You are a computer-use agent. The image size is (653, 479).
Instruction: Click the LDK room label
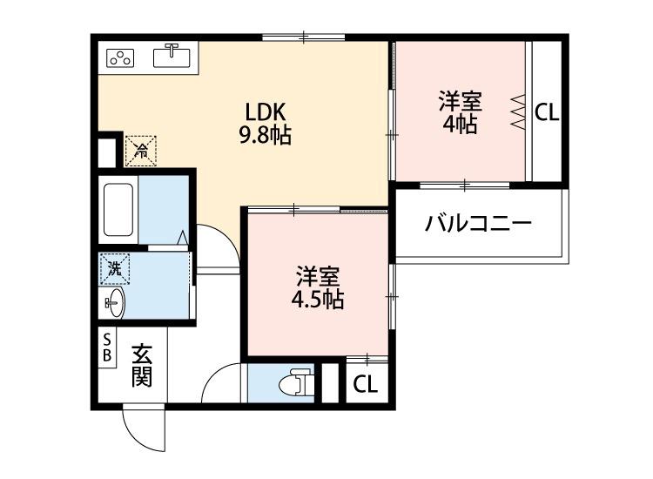(x=265, y=112)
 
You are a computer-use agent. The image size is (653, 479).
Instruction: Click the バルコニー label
(x=478, y=225)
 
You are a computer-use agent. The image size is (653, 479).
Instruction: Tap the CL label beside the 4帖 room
(x=547, y=112)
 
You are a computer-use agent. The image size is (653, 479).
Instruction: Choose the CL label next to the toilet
(x=367, y=385)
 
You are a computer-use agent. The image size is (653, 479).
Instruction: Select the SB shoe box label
(x=107, y=347)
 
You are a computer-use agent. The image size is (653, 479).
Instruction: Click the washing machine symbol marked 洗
(x=114, y=268)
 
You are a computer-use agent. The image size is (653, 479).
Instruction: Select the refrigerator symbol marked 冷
(x=140, y=150)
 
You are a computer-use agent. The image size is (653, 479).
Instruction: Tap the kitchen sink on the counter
(x=172, y=57)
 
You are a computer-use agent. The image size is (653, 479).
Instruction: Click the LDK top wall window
(x=304, y=37)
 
